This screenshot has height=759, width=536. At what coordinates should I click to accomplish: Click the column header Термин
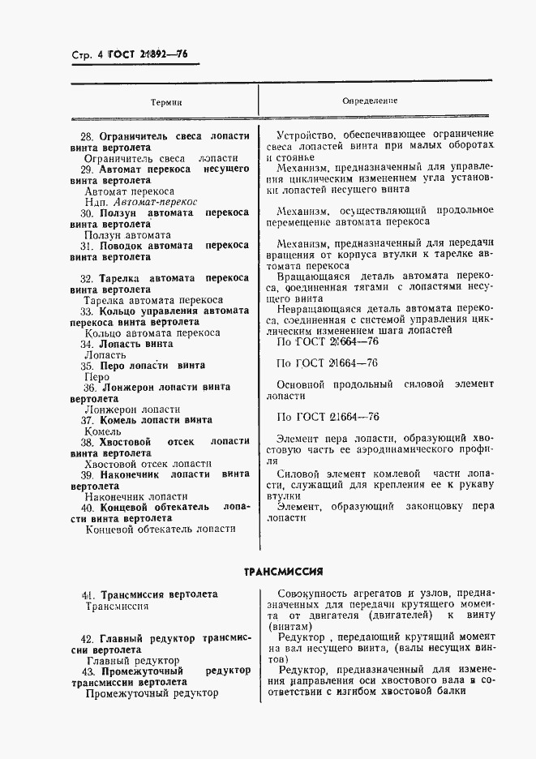coord(165,103)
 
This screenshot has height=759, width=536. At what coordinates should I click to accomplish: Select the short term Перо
coord(96,377)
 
